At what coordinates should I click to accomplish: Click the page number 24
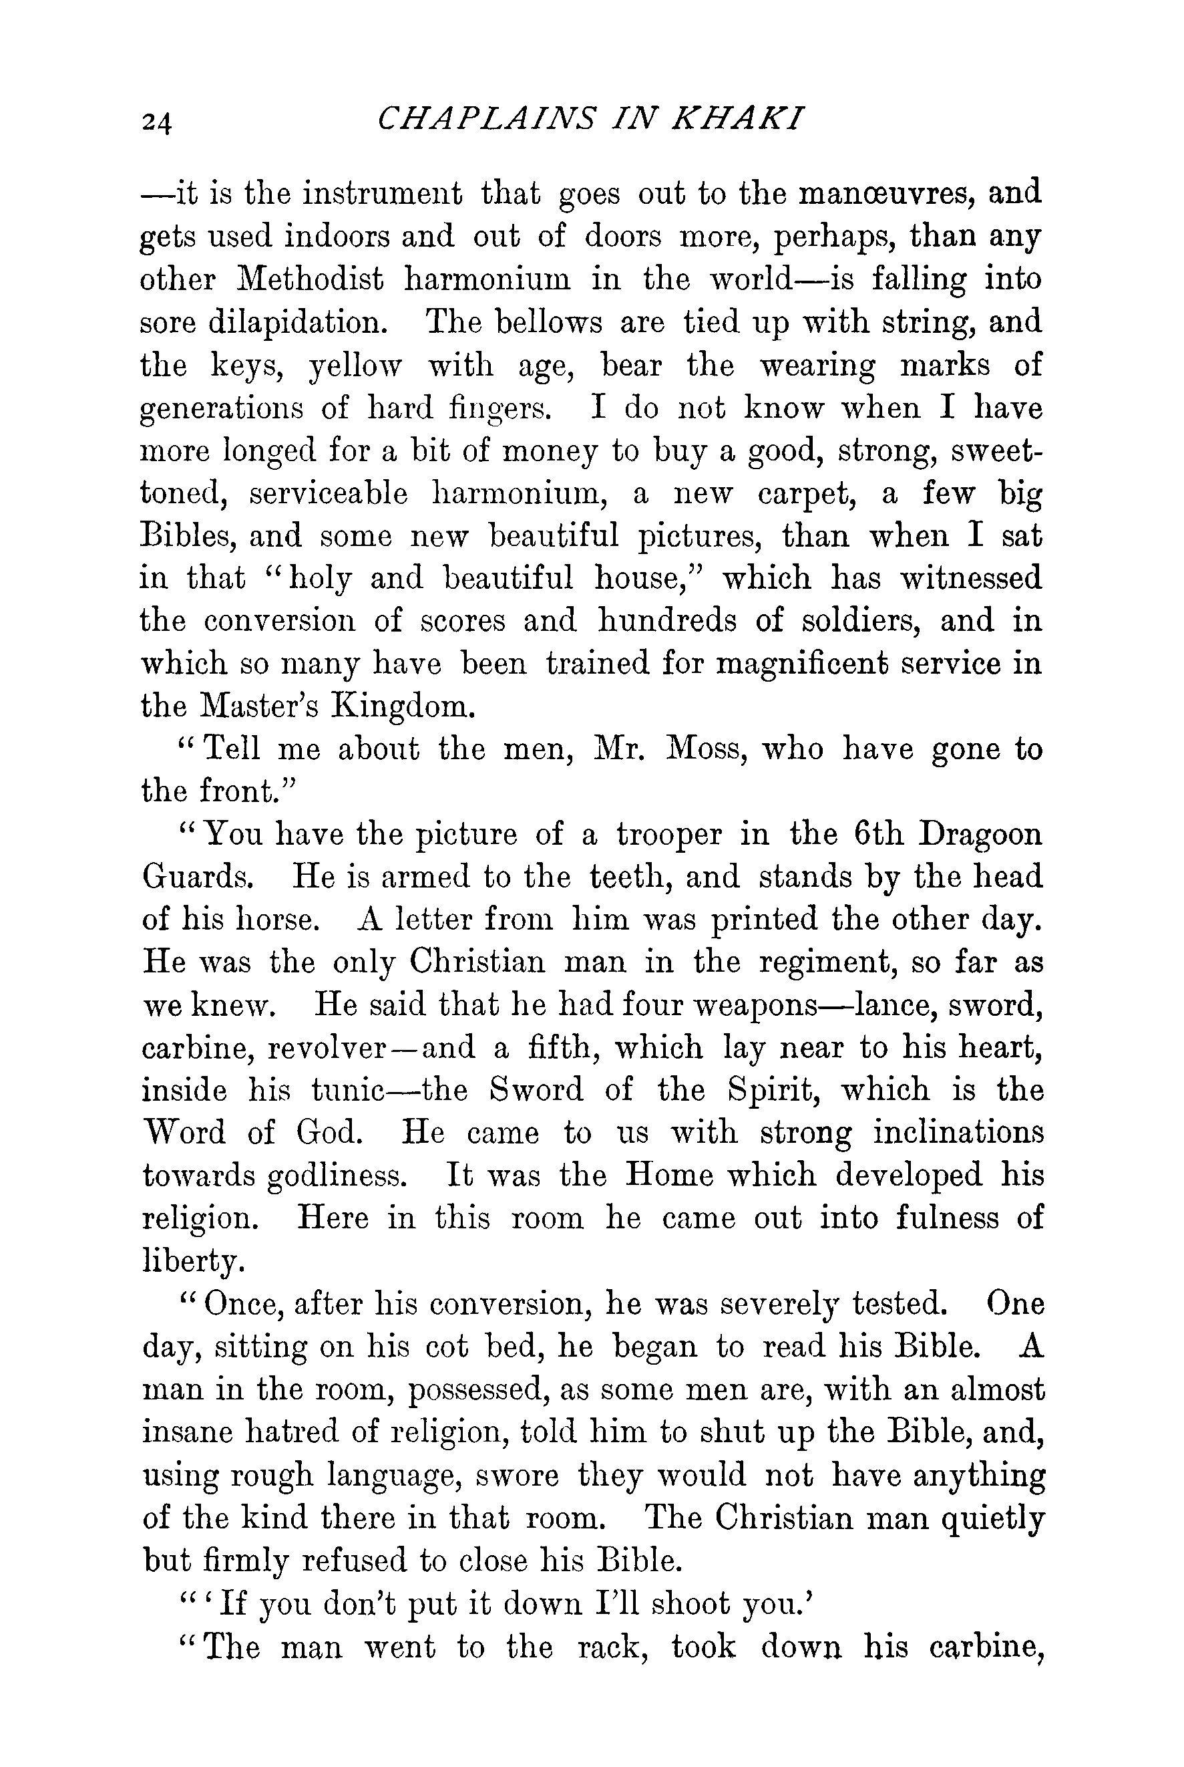pos(156,121)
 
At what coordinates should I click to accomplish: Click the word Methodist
pos(311,279)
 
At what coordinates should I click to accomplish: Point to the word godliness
pos(347,1176)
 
